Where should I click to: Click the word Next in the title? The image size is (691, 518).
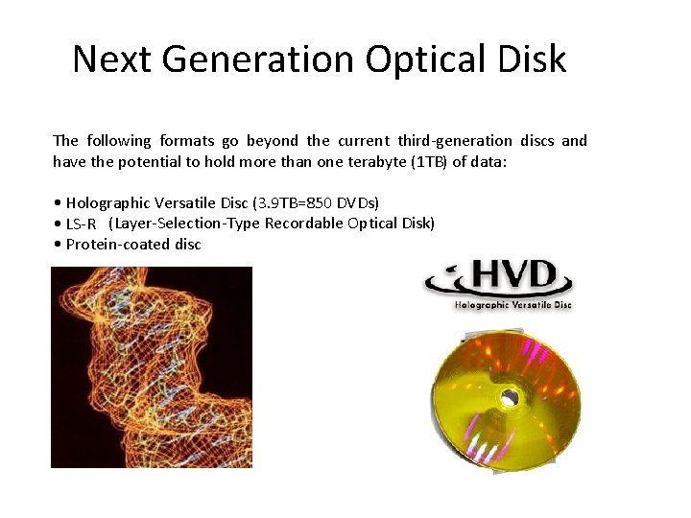(x=112, y=59)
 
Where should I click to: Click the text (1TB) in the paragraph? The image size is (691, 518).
(x=427, y=161)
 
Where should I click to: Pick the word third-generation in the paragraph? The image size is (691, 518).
(x=455, y=140)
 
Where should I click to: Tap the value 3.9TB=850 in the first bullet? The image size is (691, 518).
(x=298, y=202)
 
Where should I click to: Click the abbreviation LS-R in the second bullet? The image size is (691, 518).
(x=81, y=224)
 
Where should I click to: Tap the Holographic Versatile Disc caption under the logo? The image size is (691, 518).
(x=512, y=305)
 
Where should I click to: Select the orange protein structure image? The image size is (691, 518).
(x=151, y=366)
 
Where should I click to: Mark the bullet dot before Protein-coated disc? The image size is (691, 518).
(x=59, y=244)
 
